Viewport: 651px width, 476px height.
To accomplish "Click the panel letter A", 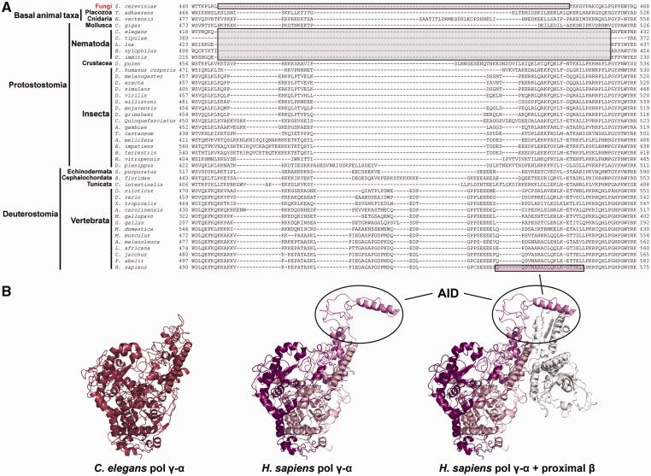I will point(7,6).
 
